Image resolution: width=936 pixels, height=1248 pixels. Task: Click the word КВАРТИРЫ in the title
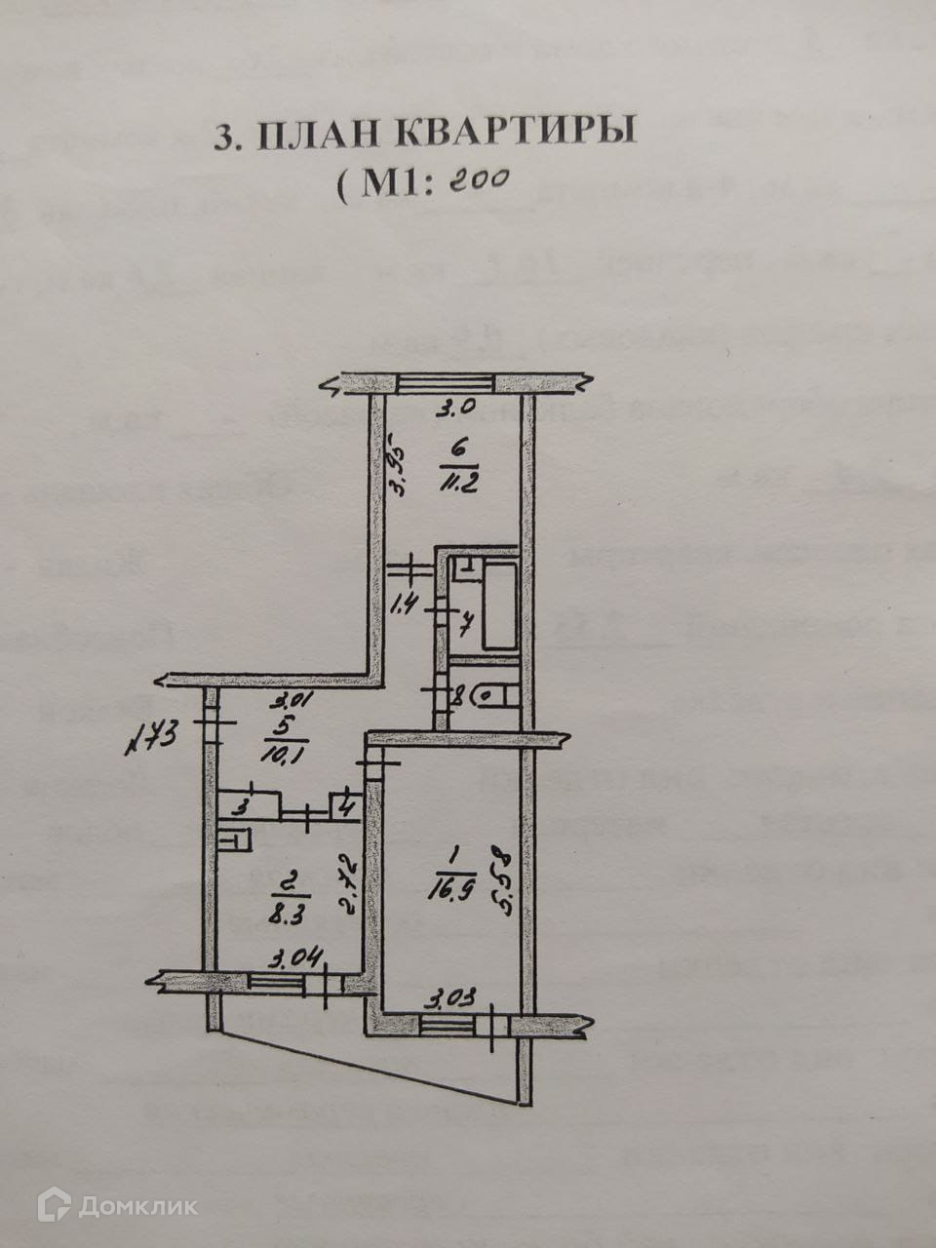514,135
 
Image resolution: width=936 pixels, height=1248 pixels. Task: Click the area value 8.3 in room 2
291,916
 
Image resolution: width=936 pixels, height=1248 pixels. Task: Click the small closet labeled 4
345,806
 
